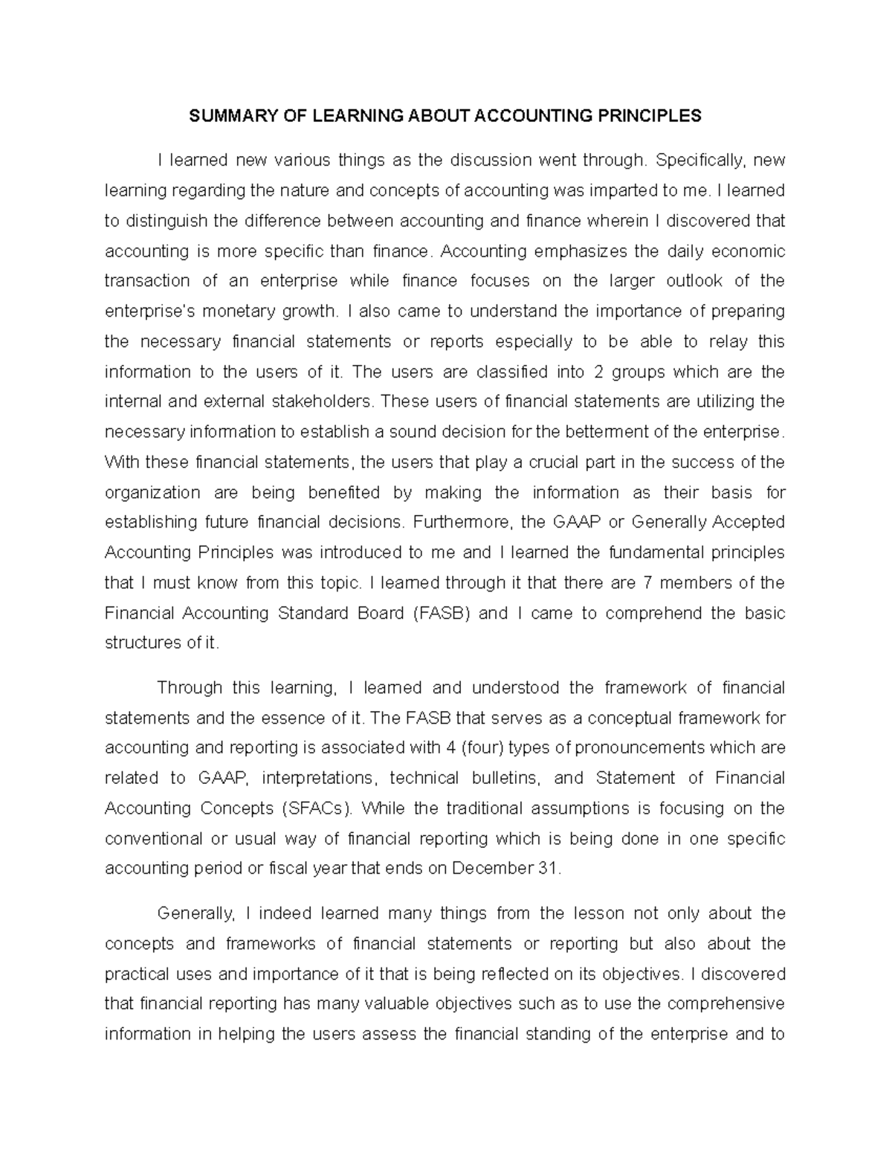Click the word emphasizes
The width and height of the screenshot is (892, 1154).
point(581,251)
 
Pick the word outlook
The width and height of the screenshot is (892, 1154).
point(691,281)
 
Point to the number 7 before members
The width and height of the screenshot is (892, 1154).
point(647,583)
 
